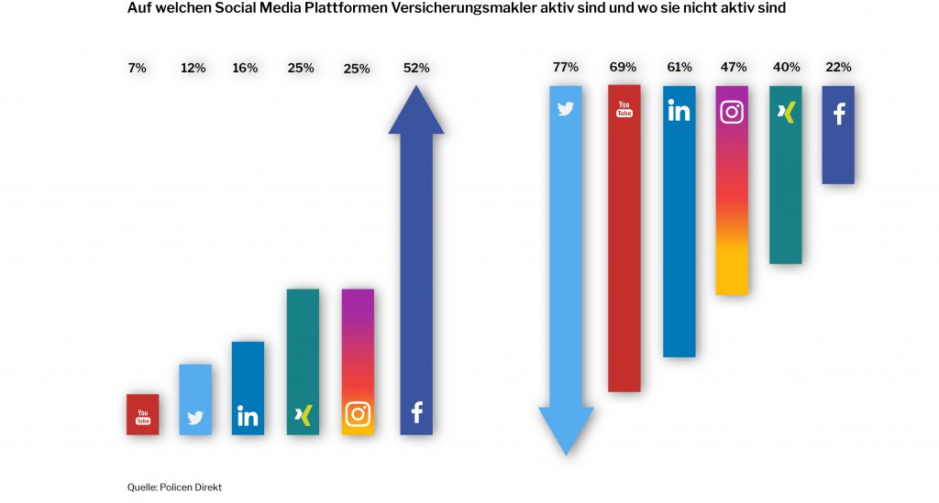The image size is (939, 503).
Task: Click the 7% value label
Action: [137, 68]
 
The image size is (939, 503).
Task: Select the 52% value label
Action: [416, 68]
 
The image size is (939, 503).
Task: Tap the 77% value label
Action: [566, 67]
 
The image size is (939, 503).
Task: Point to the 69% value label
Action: [624, 67]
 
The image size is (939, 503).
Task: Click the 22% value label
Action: [838, 67]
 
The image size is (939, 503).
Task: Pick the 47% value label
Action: [733, 67]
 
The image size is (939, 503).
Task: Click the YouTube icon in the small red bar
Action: [143, 417]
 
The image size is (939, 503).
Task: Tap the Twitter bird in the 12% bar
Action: [195, 418]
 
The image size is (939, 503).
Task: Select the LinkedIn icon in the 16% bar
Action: [248, 416]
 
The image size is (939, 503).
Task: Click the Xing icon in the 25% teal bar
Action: [303, 415]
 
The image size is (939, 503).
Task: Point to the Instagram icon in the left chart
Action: [358, 414]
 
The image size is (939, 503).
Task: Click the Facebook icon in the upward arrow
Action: [416, 413]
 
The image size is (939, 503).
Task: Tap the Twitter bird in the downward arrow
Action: [566, 109]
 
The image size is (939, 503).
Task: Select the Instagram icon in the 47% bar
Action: [732, 112]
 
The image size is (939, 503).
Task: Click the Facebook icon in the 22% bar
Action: [838, 114]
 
